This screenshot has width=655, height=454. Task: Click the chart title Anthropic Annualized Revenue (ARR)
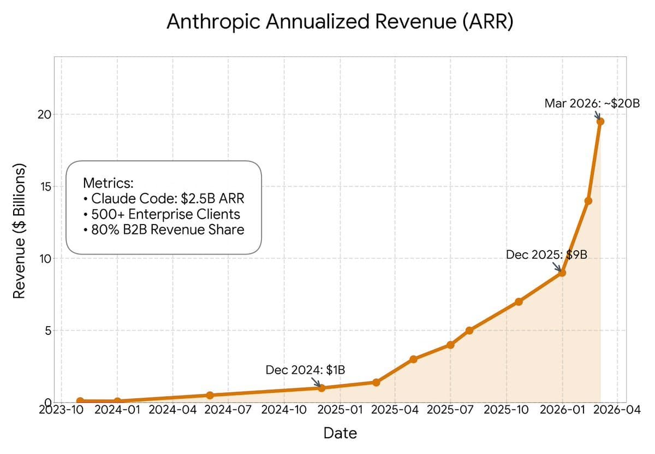[340, 22]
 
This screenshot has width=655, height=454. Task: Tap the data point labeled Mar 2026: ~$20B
[600, 121]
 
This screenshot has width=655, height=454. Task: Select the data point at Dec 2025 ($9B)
[562, 273]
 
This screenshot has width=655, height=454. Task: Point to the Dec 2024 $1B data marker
[321, 388]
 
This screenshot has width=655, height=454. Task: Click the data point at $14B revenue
[588, 201]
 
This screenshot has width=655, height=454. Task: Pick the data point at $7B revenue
[519, 302]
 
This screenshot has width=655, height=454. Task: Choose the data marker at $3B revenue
[413, 359]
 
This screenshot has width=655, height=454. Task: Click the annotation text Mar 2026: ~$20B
[592, 103]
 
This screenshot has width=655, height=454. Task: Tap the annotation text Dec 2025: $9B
[546, 254]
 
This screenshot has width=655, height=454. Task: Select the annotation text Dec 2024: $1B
[305, 370]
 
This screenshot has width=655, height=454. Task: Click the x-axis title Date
[340, 434]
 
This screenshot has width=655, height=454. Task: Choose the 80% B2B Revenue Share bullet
[164, 229]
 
